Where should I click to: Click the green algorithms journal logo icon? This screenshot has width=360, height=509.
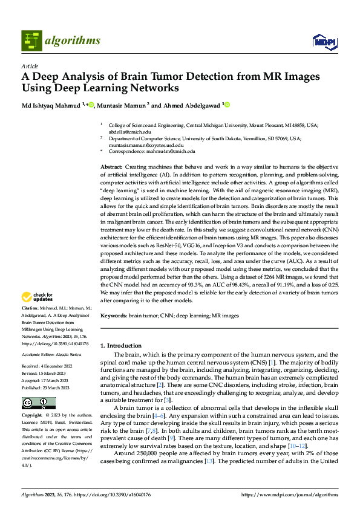(x=31, y=41)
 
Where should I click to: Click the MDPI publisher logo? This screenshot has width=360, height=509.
(x=324, y=41)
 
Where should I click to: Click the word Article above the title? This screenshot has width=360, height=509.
(x=30, y=66)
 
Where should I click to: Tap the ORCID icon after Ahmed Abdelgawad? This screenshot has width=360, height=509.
(x=228, y=105)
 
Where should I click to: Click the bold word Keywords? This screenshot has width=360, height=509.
(x=113, y=316)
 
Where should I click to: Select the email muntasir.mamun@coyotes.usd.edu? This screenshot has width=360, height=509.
(x=150, y=145)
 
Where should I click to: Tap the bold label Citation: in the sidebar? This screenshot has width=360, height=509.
(x=31, y=308)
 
